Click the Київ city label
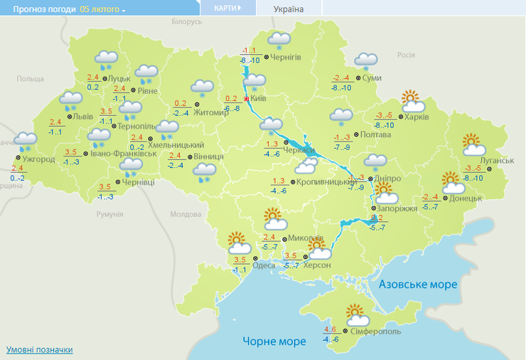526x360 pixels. [x=259, y=99]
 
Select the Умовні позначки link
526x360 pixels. [x=39, y=349]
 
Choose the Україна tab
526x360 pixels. [x=289, y=9]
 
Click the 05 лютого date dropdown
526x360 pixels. [x=102, y=10]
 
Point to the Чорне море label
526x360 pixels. [x=274, y=341]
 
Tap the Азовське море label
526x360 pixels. [x=417, y=284]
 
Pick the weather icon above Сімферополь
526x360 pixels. [x=356, y=314]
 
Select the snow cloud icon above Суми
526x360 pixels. [x=366, y=61]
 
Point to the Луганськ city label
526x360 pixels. [x=498, y=161]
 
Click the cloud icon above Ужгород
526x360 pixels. [x=26, y=141]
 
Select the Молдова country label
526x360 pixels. [x=186, y=214]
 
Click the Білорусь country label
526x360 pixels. [x=188, y=22]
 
